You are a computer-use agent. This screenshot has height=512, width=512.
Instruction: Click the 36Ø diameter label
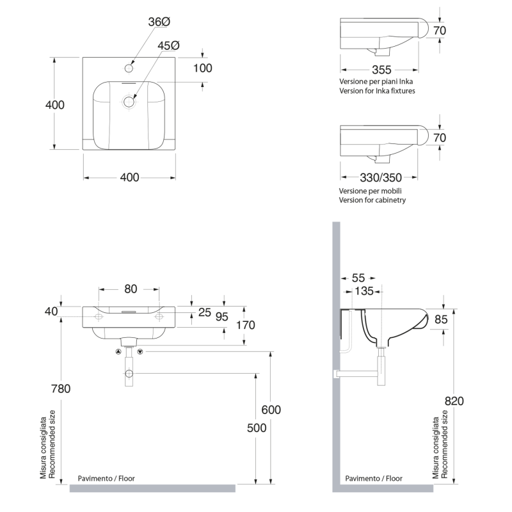point(159,22)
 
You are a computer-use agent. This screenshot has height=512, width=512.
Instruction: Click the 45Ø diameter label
point(168,46)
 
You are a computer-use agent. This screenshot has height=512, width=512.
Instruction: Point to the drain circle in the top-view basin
point(130,101)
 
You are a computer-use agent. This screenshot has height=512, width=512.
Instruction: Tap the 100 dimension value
point(202,68)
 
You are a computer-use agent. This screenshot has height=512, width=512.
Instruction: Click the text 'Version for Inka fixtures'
point(377,91)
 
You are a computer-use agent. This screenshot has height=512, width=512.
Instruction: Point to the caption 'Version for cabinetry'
point(372,200)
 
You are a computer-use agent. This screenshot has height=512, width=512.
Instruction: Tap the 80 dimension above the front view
point(131,289)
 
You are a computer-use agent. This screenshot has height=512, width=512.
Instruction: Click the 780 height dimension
point(61,388)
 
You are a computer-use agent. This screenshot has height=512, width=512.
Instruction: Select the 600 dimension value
point(271,410)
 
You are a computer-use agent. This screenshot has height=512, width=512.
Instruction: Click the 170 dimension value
point(245,325)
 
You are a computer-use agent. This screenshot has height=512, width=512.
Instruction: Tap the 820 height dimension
point(454,401)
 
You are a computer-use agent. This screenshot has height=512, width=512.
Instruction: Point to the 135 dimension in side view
point(364,291)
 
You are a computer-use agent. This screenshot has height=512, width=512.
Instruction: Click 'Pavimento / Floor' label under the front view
point(106,478)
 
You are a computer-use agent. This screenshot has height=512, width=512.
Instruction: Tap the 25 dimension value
point(204,312)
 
